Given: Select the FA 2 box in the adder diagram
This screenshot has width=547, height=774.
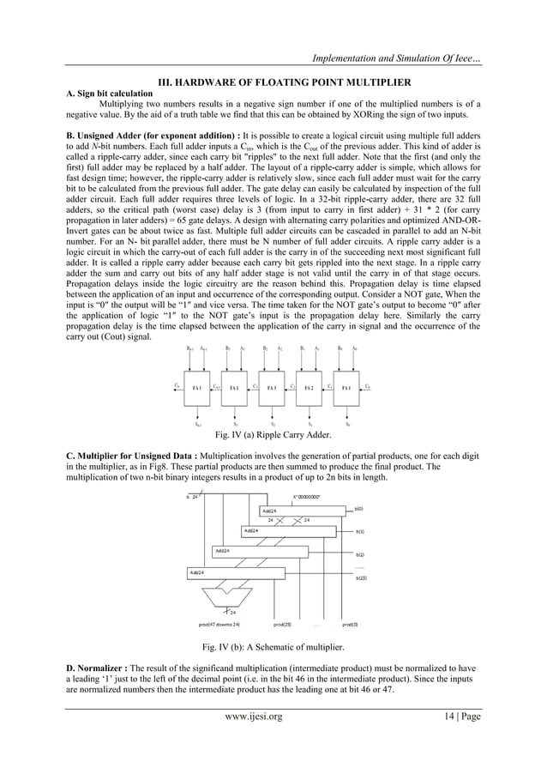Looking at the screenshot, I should pyautogui.click(x=309, y=388).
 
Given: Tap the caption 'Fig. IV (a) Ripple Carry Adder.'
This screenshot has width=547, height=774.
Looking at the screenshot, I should pyautogui.click(x=273, y=435).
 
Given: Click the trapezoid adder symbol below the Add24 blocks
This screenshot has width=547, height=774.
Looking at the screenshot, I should pyautogui.click(x=226, y=590).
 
